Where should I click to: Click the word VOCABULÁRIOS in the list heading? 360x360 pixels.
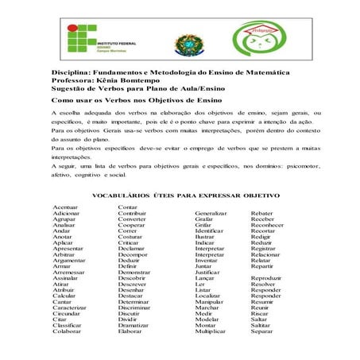click(123, 194)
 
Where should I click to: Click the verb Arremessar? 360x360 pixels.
click(68, 273)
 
